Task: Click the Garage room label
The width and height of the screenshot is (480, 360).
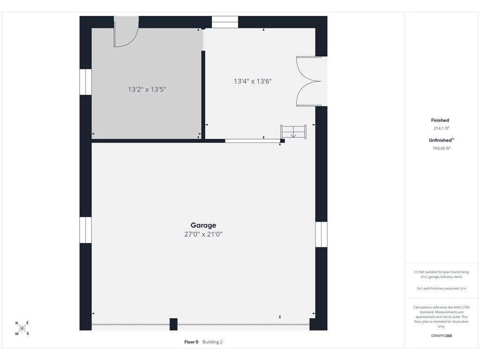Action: coord(203,225)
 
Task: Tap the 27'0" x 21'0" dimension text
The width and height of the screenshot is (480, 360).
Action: coord(203,234)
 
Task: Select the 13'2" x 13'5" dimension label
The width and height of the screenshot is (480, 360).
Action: coord(147,90)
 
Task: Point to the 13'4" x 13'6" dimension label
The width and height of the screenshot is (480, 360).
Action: coord(253,81)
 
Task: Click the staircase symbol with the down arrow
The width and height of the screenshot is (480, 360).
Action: coord(293,132)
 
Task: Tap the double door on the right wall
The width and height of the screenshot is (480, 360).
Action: coord(309,82)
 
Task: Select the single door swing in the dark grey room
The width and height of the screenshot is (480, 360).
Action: coord(126,32)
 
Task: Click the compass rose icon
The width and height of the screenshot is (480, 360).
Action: coord(22,329)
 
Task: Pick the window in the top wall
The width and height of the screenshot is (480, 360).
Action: coord(225,22)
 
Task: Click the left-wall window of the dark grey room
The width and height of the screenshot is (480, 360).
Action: coord(86,82)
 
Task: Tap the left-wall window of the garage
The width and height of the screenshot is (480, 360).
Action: coord(86,230)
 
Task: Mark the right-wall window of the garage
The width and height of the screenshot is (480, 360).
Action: coord(321,234)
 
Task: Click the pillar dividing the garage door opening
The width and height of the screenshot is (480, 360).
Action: coord(173,324)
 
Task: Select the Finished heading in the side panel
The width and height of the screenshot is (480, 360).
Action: coord(440,120)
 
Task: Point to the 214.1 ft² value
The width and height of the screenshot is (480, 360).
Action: coord(442,128)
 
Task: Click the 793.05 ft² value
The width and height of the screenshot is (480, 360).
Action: coord(442,148)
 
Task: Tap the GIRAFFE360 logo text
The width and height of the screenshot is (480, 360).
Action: coord(442,336)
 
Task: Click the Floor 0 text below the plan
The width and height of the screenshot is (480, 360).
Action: coord(191,342)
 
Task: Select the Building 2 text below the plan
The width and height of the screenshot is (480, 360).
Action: coord(212,342)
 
